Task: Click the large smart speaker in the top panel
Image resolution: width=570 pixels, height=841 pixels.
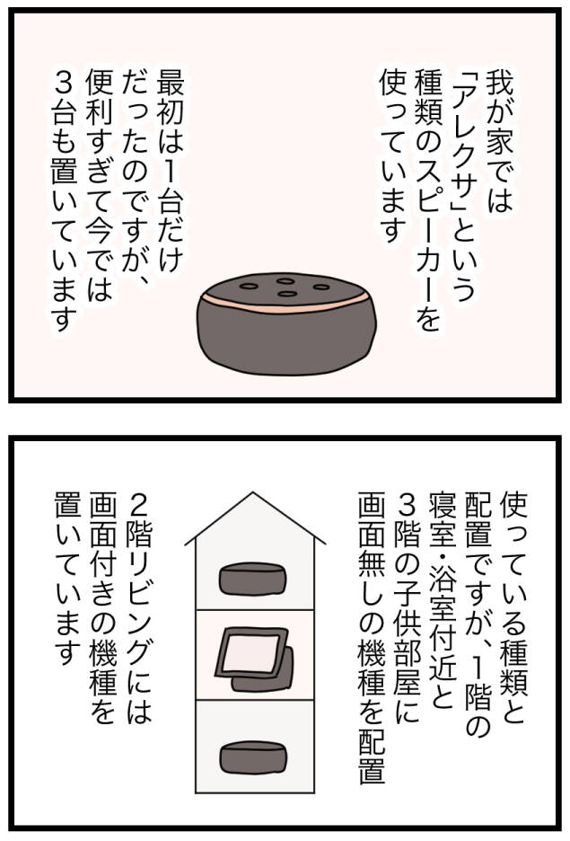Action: tap(286, 325)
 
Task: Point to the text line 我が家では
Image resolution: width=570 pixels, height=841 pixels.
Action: tap(498, 141)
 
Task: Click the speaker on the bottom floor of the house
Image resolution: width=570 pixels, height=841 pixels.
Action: tap(253, 757)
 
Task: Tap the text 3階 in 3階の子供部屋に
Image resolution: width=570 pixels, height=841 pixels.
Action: tap(408, 522)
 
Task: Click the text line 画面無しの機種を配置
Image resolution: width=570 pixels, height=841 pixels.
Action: tap(372, 638)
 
